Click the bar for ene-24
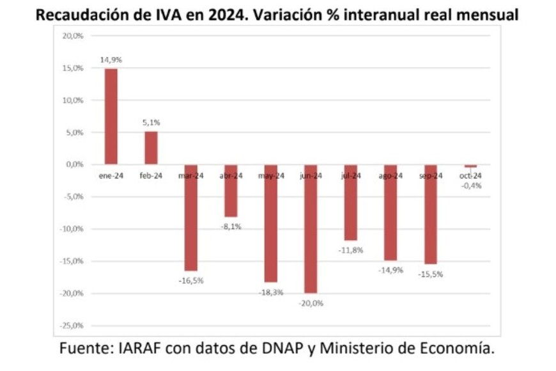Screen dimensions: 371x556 [111, 116]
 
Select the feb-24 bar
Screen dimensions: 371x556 [151, 148]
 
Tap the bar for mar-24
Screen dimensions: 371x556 [191, 217]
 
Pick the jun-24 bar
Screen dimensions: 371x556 [311, 228]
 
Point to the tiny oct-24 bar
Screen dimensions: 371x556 [470, 166]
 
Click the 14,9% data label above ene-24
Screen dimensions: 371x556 [111, 59]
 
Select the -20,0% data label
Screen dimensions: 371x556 [311, 303]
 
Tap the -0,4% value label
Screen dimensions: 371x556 [470, 185]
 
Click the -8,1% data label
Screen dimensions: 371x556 [231, 226]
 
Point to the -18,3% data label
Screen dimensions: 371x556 [271, 292]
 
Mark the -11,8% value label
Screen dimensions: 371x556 [351, 250]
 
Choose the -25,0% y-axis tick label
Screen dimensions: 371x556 [72, 326]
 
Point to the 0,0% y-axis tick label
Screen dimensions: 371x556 [74, 164]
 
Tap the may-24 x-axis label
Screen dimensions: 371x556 [271, 176]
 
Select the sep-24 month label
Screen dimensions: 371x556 [430, 176]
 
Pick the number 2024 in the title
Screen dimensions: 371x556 [232, 15]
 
